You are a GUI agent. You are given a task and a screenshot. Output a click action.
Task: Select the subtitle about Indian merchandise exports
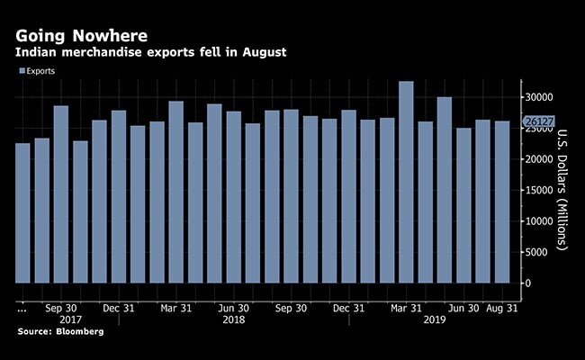point(151,53)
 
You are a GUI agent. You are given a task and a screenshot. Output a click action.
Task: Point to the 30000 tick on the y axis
point(538,97)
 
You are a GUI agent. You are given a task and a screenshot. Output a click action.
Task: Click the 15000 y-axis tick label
point(538,190)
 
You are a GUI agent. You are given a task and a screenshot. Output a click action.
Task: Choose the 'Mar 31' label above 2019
point(405,306)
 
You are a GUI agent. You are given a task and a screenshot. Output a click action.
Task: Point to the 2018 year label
point(234,319)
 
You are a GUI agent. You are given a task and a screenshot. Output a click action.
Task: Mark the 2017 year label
point(71,319)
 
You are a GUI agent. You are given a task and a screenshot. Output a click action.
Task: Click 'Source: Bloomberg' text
point(58,332)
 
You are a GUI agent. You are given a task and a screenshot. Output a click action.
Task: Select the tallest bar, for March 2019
point(406,180)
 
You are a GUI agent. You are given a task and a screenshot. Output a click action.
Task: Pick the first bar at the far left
point(23,212)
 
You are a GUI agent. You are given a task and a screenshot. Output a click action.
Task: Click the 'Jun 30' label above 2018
point(234,306)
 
